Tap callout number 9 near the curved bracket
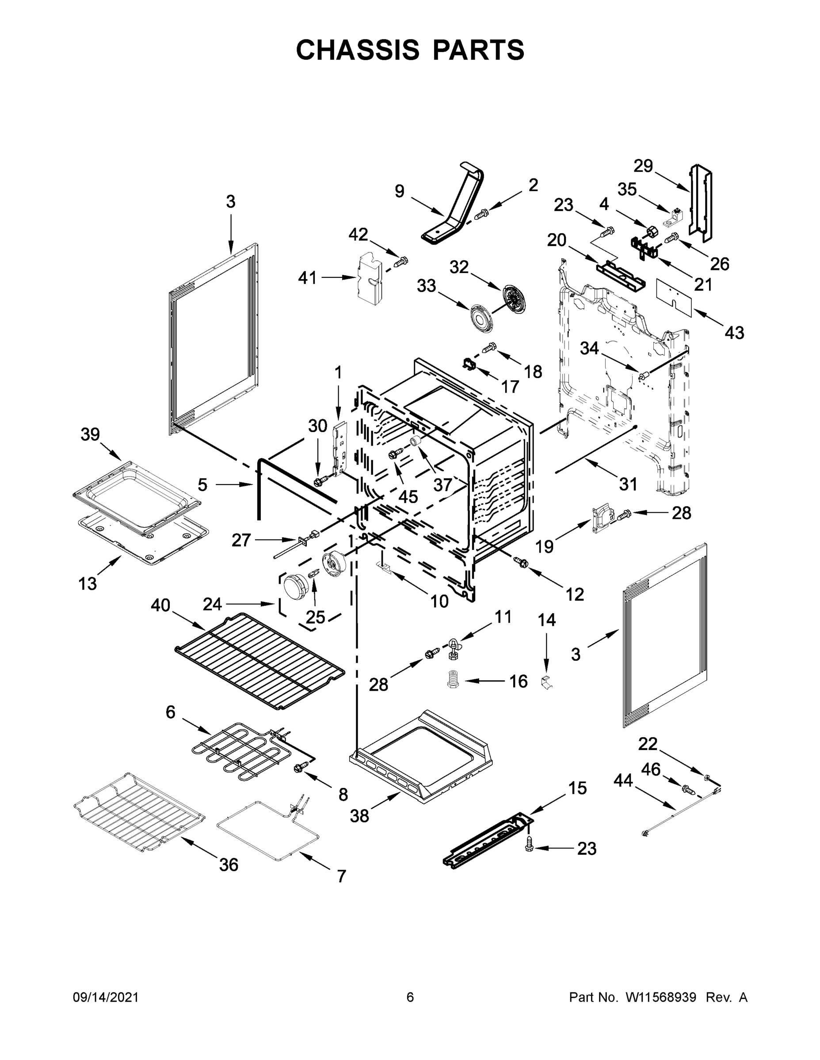[399, 191]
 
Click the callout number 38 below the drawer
[359, 816]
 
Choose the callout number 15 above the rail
[578, 788]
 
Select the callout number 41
[308, 278]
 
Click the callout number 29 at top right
[643, 167]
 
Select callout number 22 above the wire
[648, 744]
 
